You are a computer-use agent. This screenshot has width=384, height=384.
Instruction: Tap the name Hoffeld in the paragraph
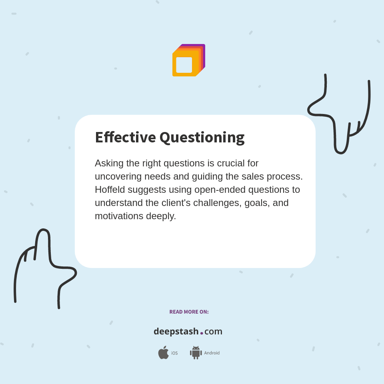[111, 189]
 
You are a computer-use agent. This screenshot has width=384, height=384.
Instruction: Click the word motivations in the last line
[119, 216]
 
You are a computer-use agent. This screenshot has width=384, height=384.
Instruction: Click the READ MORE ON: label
[189, 312]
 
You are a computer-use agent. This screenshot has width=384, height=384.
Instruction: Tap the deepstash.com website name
[188, 332]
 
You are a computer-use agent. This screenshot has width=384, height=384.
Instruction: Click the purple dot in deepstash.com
[202, 333]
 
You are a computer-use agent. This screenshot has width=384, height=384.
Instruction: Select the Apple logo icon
[163, 353]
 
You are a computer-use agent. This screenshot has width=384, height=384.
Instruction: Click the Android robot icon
[196, 353]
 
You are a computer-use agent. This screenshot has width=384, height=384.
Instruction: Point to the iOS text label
[174, 353]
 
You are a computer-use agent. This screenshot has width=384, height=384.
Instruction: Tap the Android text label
[212, 353]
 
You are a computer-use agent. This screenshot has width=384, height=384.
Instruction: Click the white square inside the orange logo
[184, 65]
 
